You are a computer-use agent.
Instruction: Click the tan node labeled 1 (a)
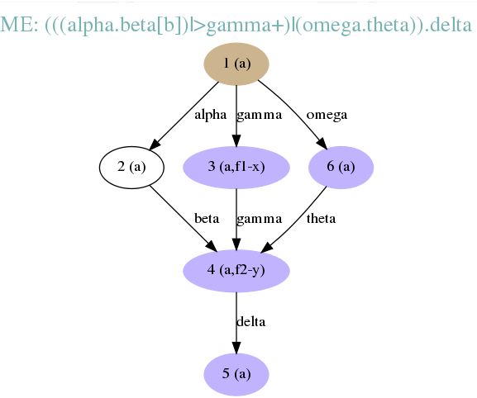[x=236, y=64]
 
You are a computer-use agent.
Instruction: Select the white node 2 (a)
[x=131, y=167]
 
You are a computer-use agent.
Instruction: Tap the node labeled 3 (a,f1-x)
[x=236, y=167]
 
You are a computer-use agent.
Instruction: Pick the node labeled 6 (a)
[x=341, y=167]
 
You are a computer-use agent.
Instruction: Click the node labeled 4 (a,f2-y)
[x=236, y=271]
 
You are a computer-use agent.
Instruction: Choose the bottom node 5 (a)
[x=236, y=374]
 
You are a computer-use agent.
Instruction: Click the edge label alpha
[x=211, y=116]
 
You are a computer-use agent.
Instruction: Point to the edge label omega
[x=327, y=116]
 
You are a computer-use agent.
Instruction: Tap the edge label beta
[x=207, y=219]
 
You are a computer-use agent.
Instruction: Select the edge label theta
[x=321, y=219]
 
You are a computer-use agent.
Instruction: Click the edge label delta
[x=251, y=322]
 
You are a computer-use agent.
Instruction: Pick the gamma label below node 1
[x=260, y=116]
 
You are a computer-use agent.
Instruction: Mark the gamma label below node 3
[x=260, y=219]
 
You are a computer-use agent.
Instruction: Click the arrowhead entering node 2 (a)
[x=155, y=144]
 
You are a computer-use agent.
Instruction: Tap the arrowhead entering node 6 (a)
[x=322, y=144]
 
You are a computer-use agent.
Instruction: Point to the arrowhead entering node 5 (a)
[x=236, y=348]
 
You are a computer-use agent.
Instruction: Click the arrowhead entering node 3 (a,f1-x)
[x=236, y=140]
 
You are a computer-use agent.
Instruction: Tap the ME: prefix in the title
[x=19, y=25]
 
